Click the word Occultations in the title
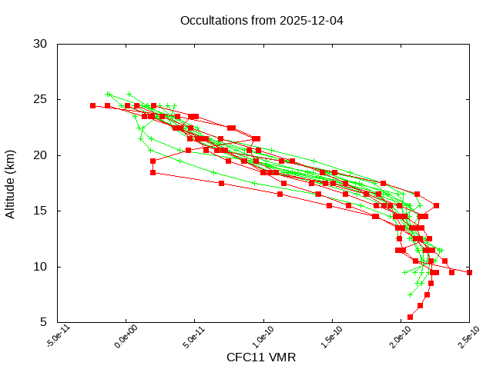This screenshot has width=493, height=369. coord(211,20)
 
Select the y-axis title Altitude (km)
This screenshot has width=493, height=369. coord(11,183)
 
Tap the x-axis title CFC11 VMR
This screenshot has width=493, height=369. coord(261,357)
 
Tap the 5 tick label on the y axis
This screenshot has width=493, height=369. coord(44,322)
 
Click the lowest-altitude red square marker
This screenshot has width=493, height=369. coord(410,317)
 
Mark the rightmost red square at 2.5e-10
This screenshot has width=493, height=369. coord(469,272)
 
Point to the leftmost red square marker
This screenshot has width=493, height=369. coord(92,105)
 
